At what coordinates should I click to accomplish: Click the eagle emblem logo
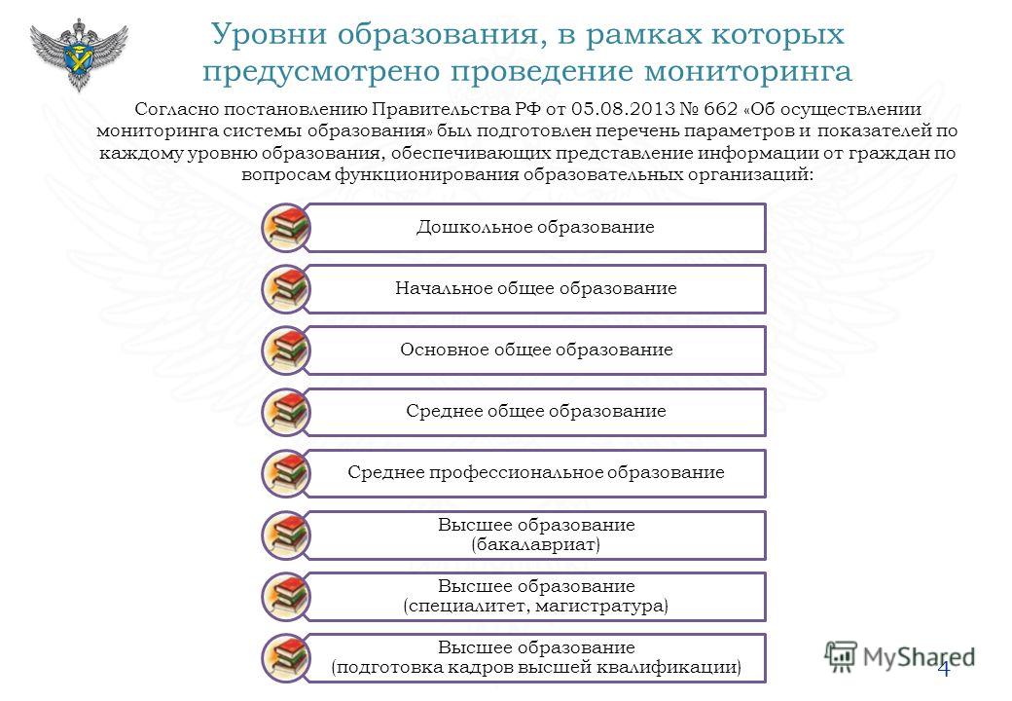[79, 55]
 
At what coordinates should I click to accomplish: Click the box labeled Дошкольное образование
[535, 227]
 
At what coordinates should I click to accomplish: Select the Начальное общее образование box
[535, 288]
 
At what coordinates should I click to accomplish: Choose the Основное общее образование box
[535, 350]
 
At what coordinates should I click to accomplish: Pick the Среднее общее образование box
[535, 411]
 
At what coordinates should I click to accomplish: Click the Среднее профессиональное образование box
[535, 473]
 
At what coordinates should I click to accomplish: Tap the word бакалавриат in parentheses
[536, 544]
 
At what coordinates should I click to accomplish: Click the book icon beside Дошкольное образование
[286, 228]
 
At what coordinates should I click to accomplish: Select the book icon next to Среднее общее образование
[286, 412]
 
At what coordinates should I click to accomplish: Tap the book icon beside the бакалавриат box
[286, 535]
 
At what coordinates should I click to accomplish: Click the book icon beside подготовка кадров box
[286, 658]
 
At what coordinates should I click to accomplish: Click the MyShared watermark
[899, 657]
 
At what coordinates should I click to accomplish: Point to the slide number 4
[944, 669]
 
